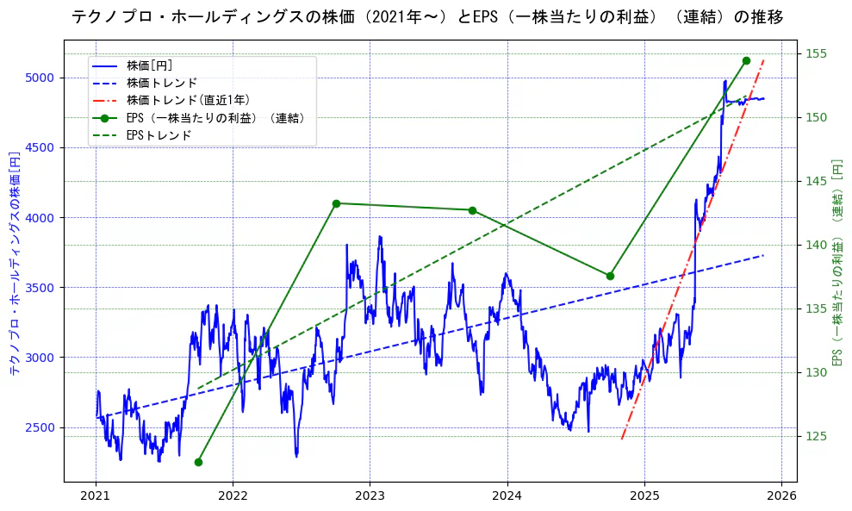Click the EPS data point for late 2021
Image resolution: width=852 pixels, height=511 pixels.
198,462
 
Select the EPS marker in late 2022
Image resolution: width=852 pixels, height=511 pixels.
336,203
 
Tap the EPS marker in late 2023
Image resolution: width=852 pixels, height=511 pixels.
472,210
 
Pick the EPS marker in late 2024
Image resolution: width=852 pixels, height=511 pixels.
610,276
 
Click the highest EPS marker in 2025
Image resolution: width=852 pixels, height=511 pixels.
746,60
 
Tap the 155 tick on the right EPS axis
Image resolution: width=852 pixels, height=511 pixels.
816,53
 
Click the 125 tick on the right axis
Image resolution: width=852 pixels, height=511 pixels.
816,436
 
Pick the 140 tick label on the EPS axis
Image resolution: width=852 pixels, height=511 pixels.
816,245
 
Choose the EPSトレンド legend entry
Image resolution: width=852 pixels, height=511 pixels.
159,135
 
